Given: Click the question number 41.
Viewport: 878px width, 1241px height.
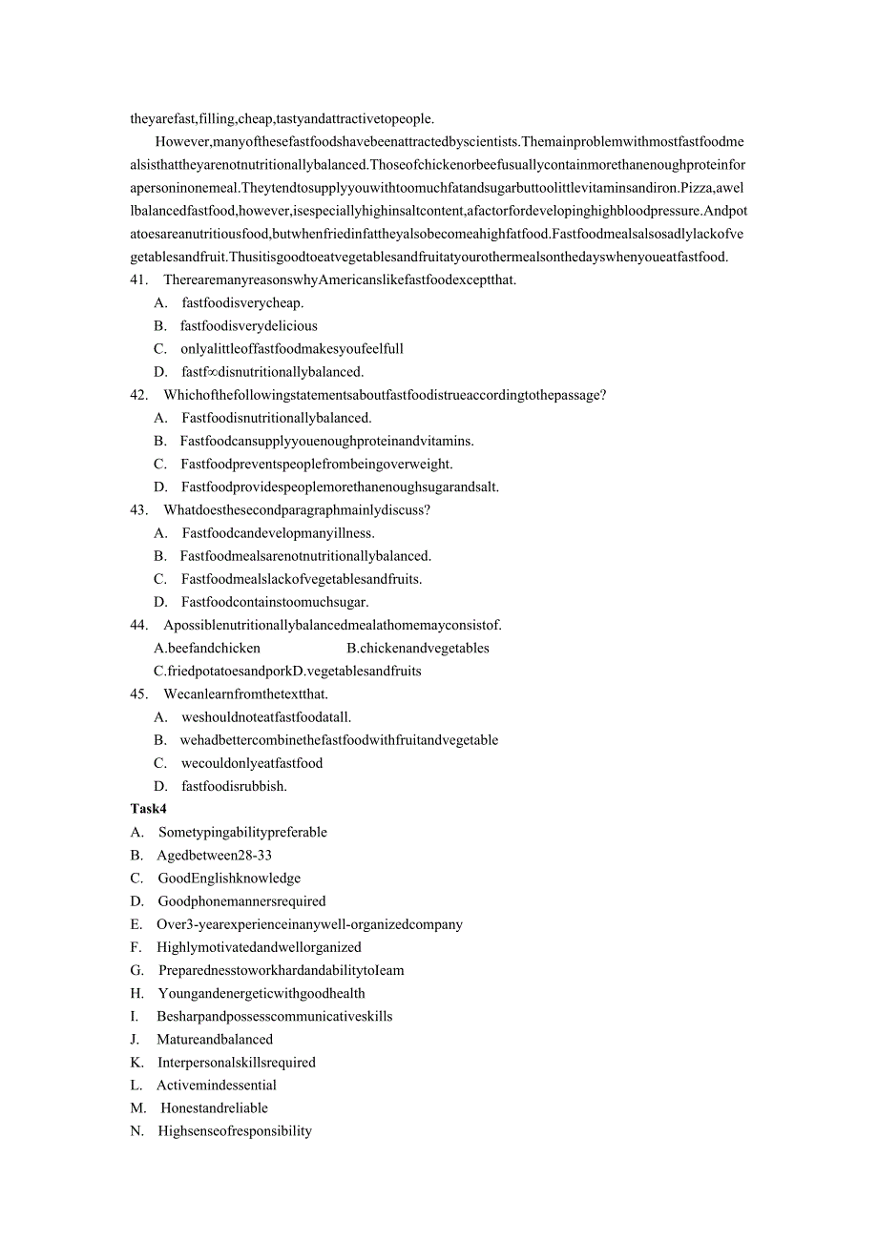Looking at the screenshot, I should coord(138,279).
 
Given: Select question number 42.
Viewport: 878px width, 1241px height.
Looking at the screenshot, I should coord(138,395).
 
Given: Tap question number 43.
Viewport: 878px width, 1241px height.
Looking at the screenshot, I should coord(138,510).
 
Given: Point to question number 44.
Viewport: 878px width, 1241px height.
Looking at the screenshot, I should coord(138,625).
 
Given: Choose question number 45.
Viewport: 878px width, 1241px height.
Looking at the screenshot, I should coord(138,694).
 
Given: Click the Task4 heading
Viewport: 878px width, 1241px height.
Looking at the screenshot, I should coord(148,809).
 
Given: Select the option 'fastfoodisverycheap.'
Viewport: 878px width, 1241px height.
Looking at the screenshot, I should coord(242,302).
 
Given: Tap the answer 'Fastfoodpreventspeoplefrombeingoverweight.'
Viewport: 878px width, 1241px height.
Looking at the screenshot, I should coord(317,464).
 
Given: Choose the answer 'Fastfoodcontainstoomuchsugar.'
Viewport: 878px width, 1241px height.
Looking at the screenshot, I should coord(275,602).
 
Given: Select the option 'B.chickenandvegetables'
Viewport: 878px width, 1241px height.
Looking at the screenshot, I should coord(418,649).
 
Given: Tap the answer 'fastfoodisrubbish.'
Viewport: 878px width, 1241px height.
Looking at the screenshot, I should coord(234,786).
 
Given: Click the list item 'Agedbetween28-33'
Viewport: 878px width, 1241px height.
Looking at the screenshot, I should coord(215,856).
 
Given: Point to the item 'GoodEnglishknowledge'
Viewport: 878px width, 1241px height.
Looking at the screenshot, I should coord(229,879).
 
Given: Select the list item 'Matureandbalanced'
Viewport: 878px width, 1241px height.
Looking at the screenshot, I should coord(215,1040).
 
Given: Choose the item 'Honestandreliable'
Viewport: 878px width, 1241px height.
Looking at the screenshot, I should coord(214,1108).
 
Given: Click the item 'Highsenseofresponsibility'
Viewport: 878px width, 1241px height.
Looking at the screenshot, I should coord(235,1131).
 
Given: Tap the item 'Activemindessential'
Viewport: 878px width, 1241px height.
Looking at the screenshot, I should coord(217,1086).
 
